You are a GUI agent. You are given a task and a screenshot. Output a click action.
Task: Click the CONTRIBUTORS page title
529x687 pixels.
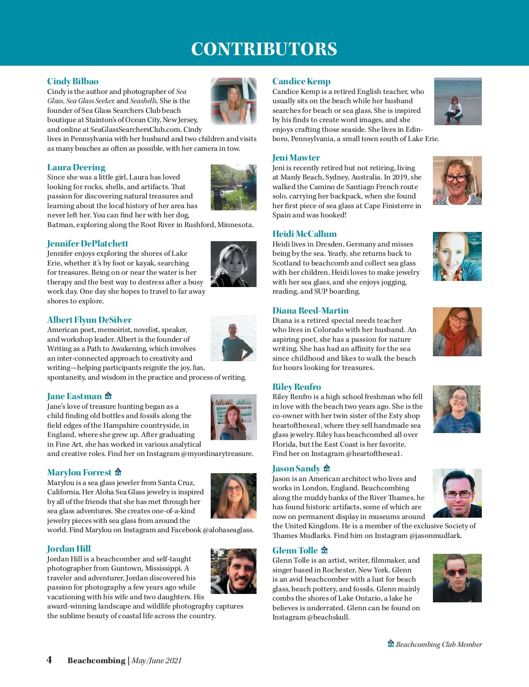[264, 49]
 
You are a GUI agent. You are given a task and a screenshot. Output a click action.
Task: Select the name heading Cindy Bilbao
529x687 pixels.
[73, 81]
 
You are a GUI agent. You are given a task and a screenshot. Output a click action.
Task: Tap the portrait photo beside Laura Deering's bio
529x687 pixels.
[233, 187]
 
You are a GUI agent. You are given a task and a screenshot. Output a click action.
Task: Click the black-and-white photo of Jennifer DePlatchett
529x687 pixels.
[233, 264]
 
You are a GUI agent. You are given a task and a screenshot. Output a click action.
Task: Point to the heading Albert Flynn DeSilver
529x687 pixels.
[89, 320]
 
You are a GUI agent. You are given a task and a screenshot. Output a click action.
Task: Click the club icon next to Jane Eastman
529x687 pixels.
[108, 396]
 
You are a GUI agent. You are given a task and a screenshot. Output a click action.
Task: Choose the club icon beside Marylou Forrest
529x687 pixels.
[118, 472]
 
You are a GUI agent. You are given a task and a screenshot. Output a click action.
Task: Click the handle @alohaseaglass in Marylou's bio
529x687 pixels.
[228, 530]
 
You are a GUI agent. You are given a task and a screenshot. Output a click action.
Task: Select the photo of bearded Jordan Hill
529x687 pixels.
[233, 571]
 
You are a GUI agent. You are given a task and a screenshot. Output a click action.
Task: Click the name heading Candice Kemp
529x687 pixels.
[301, 81]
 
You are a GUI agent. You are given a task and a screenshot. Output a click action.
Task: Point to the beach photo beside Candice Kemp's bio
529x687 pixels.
[458, 101]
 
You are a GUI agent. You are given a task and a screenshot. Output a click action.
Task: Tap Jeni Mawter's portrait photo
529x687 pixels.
[457, 180]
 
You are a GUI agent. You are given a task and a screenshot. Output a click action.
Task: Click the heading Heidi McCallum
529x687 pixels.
[304, 234]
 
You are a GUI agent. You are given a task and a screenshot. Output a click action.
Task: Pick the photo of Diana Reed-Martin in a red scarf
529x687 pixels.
[457, 332]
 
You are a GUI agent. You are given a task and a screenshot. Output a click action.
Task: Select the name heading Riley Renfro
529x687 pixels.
[297, 387]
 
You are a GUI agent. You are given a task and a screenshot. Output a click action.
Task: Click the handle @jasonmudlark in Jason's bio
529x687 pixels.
[436, 536]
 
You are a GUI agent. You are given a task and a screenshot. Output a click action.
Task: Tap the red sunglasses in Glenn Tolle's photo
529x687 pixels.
[456, 572]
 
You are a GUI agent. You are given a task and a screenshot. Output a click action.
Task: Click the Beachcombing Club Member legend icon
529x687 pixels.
[391, 643]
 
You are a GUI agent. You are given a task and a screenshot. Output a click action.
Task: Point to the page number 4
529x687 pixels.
[49, 660]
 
